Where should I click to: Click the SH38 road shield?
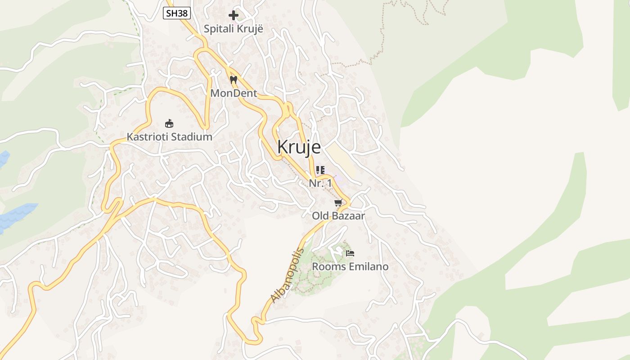(177, 13)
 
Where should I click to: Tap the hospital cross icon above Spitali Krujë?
(233, 15)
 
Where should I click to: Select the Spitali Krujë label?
(233, 29)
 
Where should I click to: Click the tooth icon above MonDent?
(233, 80)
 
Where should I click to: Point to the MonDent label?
(234, 94)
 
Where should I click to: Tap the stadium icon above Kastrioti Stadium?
(169, 123)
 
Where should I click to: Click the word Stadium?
(192, 137)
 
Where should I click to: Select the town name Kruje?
(299, 147)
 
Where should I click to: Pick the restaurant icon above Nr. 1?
(320, 170)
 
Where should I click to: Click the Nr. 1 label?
(320, 183)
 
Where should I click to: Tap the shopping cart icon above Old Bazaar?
(338, 203)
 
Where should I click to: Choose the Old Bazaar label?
(338, 216)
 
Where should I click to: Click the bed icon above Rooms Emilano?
(350, 253)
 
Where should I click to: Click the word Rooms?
(326, 267)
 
